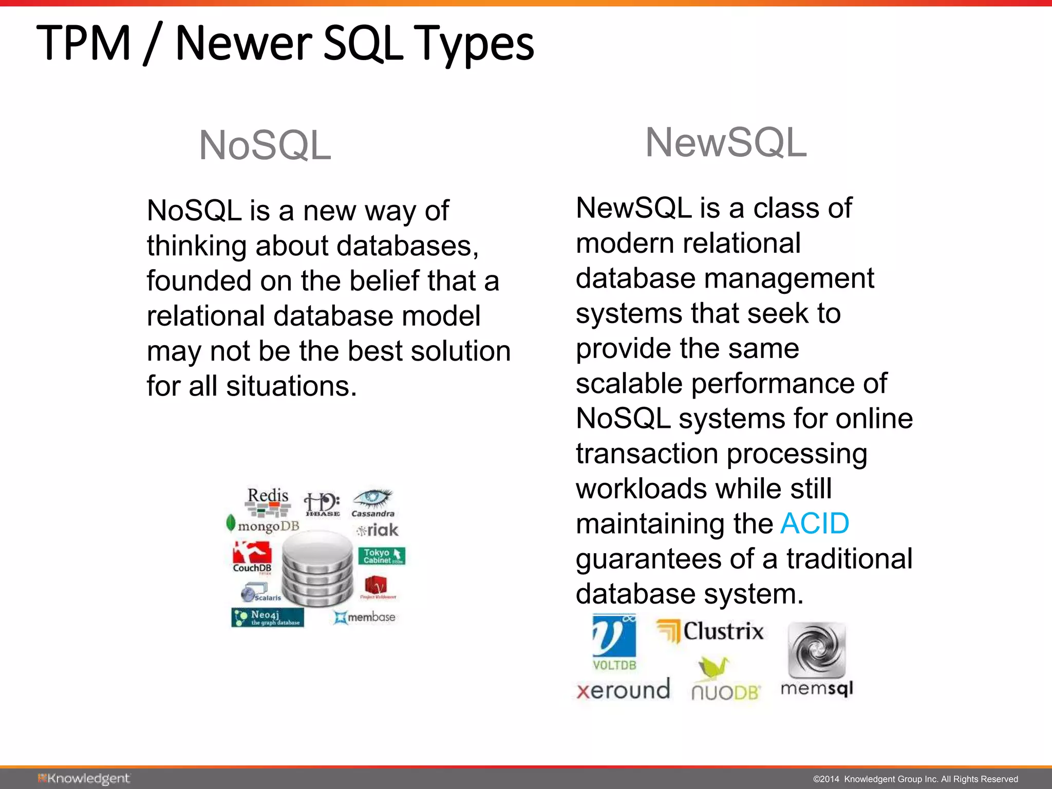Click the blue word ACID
(x=814, y=524)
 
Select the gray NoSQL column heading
(x=265, y=145)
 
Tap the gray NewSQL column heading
(x=726, y=142)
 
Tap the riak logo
(x=378, y=530)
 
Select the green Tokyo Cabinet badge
(x=381, y=556)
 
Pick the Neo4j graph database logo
(x=267, y=617)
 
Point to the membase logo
(x=365, y=617)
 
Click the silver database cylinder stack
(x=317, y=569)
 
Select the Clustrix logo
(x=710, y=631)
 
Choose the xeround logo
(x=623, y=689)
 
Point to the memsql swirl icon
(x=816, y=650)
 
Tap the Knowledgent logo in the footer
(x=84, y=779)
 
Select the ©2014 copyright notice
(x=915, y=779)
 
